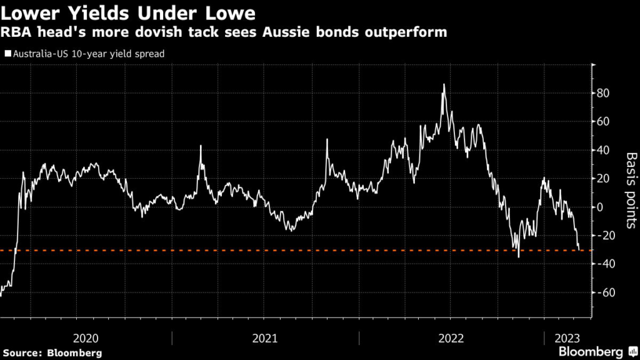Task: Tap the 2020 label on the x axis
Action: (x=86, y=338)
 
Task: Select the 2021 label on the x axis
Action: (x=265, y=338)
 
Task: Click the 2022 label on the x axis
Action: (x=451, y=338)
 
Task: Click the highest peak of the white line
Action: (x=444, y=84)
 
